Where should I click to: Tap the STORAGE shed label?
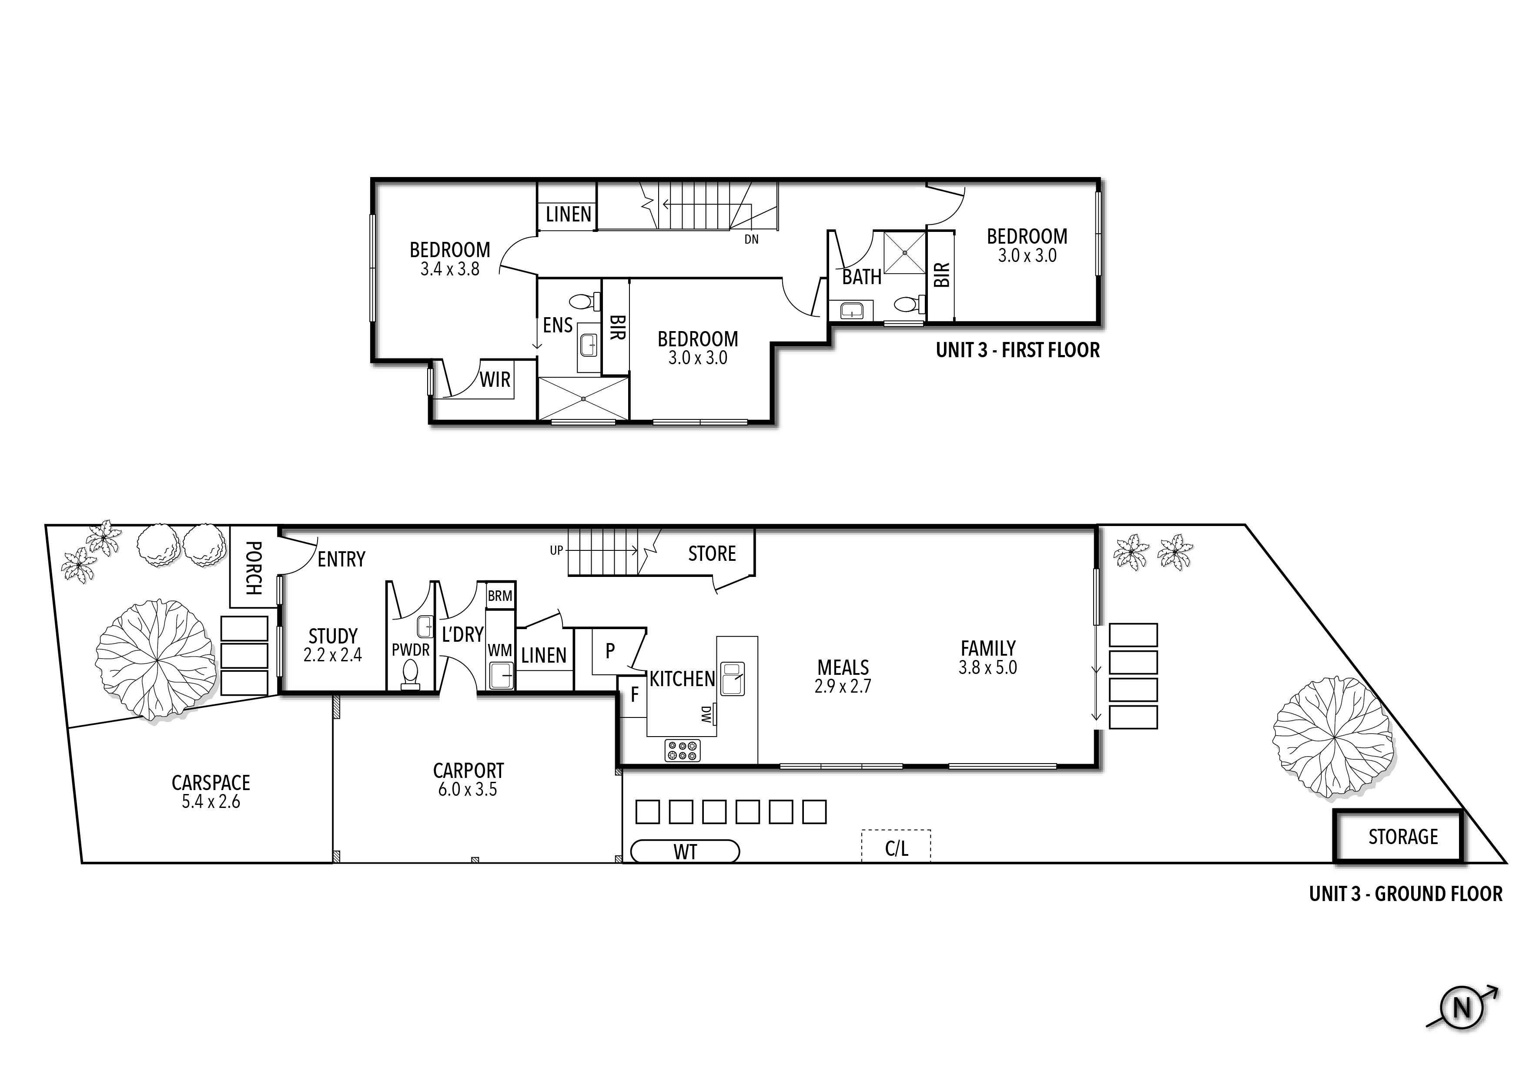coord(1403,837)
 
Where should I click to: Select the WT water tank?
coord(685,851)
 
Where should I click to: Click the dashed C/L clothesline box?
coord(896,846)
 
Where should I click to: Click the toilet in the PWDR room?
coord(411,674)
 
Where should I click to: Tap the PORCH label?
coord(253,568)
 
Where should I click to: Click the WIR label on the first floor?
coord(495,380)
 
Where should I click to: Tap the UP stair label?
coord(556,550)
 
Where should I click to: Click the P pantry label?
coord(610,651)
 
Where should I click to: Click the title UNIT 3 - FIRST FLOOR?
coord(1017,350)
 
